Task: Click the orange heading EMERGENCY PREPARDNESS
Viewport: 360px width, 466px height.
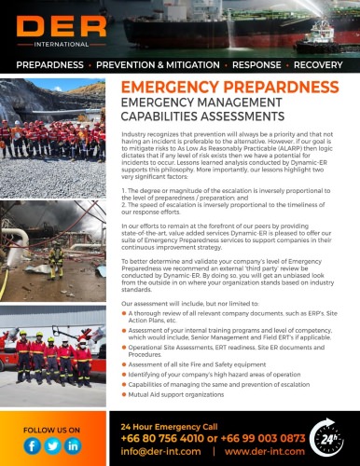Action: click(229, 87)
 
